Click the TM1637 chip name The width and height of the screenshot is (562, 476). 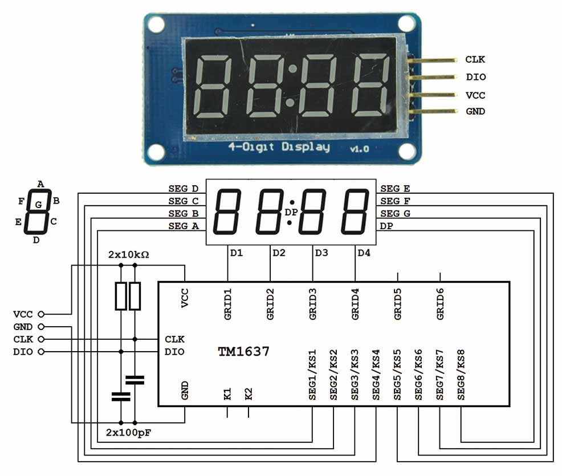tap(243, 352)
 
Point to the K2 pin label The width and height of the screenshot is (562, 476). tap(249, 394)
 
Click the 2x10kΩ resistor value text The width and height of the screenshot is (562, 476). tap(128, 254)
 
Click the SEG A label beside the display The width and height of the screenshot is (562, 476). tap(183, 226)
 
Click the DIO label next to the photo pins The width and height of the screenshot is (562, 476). tap(476, 77)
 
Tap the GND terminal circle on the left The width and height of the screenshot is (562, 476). tap(40, 327)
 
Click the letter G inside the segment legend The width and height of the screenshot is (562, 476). tap(38, 204)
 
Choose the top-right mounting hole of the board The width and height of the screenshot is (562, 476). tap(405, 23)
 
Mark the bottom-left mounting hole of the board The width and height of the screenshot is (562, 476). tap(156, 152)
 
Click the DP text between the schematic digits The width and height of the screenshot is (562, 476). tap(291, 212)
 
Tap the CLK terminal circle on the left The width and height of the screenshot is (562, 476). tap(40, 339)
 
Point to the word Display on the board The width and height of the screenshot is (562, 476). tap(306, 147)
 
